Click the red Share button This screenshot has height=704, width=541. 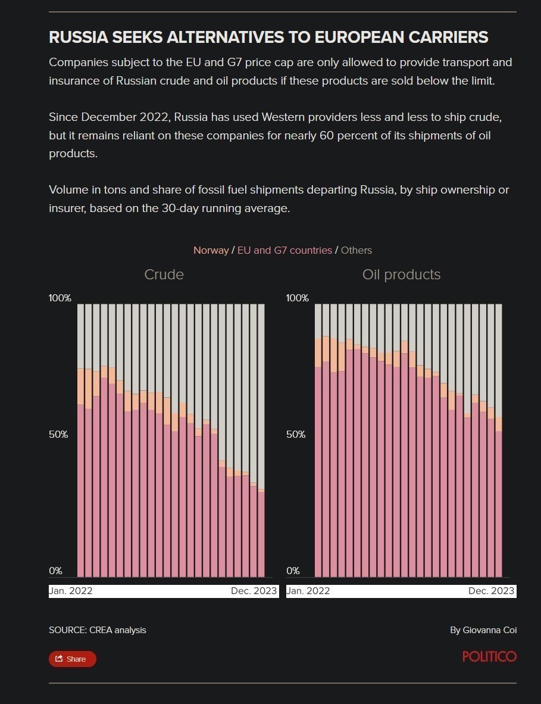pos(72,659)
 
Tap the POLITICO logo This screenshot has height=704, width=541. pos(489,656)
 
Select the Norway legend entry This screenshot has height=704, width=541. pos(211,250)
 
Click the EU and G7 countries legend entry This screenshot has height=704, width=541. pos(284,250)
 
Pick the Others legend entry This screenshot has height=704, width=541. pos(356,250)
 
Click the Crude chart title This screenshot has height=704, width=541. pos(164,275)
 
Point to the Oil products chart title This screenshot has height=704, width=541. pos(401,275)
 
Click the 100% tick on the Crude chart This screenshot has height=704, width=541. pos(60,298)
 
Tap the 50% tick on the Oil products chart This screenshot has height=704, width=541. pos(296,434)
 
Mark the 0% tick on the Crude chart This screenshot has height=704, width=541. pos(56,571)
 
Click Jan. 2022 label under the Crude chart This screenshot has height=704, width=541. pos(71,591)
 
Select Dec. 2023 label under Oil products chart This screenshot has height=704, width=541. pos(491,591)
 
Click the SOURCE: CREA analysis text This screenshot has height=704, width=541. pos(97,630)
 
